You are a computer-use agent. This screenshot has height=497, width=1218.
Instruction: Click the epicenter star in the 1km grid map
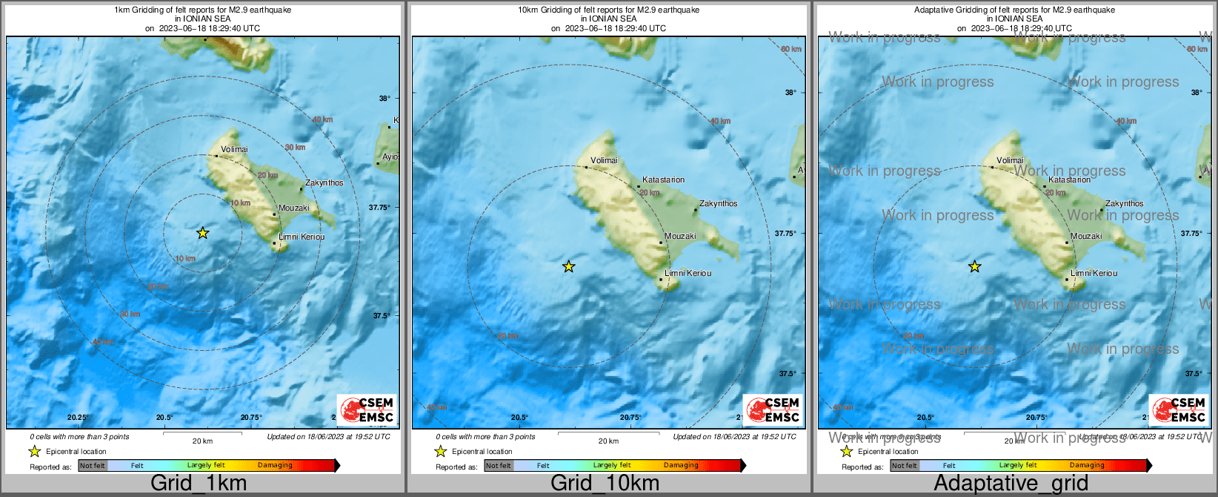pyautogui.click(x=202, y=234)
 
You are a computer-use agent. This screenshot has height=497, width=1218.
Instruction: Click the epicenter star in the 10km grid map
pyautogui.click(x=568, y=267)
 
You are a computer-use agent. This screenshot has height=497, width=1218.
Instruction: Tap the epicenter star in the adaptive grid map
pyautogui.click(x=975, y=267)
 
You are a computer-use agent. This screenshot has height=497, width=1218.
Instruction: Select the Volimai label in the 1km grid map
pyautogui.click(x=234, y=150)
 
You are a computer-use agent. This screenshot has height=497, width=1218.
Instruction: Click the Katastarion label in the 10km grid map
pyautogui.click(x=663, y=180)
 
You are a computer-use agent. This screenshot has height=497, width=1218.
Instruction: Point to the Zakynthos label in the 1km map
pyautogui.click(x=325, y=182)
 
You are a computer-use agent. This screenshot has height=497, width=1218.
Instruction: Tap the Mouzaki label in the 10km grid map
pyautogui.click(x=680, y=237)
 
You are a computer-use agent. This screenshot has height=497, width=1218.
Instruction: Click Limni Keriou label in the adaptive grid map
pyautogui.click(x=1094, y=274)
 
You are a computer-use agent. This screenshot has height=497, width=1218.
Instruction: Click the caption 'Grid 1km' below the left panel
pyautogui.click(x=199, y=484)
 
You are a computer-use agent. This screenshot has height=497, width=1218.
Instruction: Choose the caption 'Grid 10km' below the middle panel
pyautogui.click(x=605, y=484)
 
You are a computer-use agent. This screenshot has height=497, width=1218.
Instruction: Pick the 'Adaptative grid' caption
pyautogui.click(x=1011, y=484)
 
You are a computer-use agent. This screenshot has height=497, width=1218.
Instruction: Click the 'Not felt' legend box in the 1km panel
pyautogui.click(x=93, y=466)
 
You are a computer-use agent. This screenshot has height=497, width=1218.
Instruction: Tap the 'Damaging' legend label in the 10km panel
pyautogui.click(x=681, y=466)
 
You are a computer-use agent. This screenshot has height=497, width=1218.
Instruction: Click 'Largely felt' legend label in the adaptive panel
pyautogui.click(x=1018, y=466)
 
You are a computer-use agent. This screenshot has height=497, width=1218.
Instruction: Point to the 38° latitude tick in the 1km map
pyautogui.click(x=385, y=99)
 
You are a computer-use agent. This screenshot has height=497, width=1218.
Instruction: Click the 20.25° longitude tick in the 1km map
pyautogui.click(x=78, y=418)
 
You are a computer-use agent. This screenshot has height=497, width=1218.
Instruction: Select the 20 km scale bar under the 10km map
pyautogui.click(x=608, y=434)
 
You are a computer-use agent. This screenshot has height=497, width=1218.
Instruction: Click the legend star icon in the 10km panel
pyautogui.click(x=440, y=452)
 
